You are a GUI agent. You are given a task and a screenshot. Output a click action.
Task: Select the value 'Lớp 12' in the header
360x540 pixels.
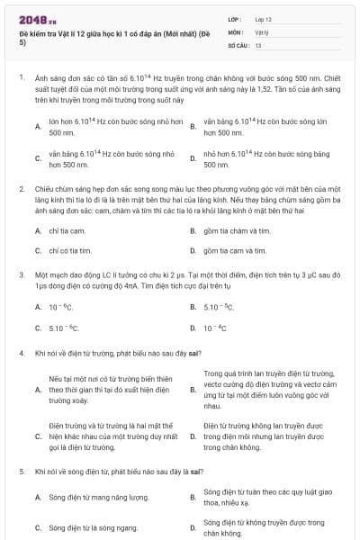click(264, 19)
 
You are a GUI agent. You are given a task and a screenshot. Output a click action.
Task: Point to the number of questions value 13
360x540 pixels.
click(258, 44)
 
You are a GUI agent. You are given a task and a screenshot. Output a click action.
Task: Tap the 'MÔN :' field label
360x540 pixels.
click(237, 31)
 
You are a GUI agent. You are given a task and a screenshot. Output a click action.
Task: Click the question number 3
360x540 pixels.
click(20, 273)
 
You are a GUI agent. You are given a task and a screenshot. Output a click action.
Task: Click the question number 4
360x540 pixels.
click(20, 354)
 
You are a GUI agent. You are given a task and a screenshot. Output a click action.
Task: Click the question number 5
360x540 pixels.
click(20, 470)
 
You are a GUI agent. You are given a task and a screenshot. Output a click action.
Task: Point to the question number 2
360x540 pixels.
click(20, 190)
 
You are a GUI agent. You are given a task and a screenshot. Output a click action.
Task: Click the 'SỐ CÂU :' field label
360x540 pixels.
click(238, 44)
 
